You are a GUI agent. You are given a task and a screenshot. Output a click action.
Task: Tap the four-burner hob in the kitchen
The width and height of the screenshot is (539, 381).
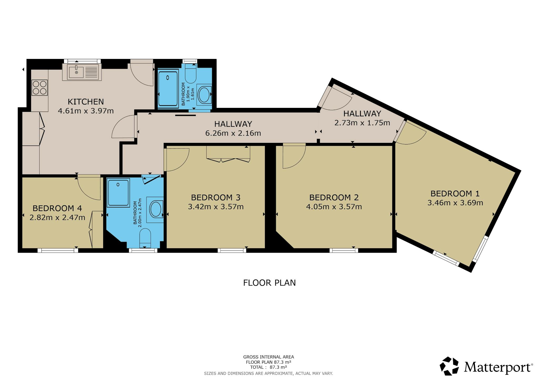40,88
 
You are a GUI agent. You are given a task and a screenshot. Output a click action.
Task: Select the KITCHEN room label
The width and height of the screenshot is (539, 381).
86,102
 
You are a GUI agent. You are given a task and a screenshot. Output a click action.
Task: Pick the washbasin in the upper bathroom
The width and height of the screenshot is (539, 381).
204,95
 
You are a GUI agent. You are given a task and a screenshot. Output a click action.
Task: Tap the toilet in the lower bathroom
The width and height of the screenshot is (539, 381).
145,238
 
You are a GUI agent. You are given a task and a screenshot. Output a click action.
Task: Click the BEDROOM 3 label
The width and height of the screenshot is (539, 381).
216,197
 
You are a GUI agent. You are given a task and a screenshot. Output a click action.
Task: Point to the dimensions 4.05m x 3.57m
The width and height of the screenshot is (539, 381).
334,207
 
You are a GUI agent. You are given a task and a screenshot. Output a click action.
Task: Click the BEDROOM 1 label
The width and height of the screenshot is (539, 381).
455,194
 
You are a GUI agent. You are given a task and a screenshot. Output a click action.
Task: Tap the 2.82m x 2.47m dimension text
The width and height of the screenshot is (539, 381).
57,218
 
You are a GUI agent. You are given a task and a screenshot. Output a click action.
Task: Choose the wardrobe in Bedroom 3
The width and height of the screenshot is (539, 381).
228,154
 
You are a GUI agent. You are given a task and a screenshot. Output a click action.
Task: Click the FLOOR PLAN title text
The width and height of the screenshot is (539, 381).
269,283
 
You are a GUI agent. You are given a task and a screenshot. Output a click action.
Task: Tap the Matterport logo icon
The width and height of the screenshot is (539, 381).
450,366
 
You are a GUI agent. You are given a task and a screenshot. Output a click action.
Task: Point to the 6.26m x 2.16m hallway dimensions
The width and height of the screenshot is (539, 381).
233,133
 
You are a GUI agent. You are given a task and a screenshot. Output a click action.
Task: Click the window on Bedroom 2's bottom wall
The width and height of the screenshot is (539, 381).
344,250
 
